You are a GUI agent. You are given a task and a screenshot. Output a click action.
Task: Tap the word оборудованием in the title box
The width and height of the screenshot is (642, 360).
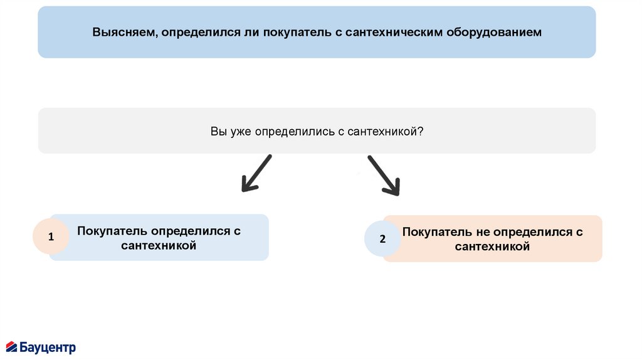(x=493, y=32)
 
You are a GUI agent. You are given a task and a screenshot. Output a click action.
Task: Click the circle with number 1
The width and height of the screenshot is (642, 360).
(x=51, y=236)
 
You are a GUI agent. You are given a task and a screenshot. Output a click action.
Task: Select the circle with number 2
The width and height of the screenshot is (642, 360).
(x=382, y=239)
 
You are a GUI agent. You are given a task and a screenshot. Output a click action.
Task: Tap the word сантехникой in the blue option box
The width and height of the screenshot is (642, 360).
(x=159, y=245)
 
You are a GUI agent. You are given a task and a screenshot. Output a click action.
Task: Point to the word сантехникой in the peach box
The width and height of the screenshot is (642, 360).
(x=492, y=246)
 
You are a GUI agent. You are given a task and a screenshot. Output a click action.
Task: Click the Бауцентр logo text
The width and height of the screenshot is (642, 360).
(x=48, y=347)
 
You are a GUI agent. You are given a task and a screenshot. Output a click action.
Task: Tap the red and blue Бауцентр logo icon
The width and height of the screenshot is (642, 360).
(x=12, y=347)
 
